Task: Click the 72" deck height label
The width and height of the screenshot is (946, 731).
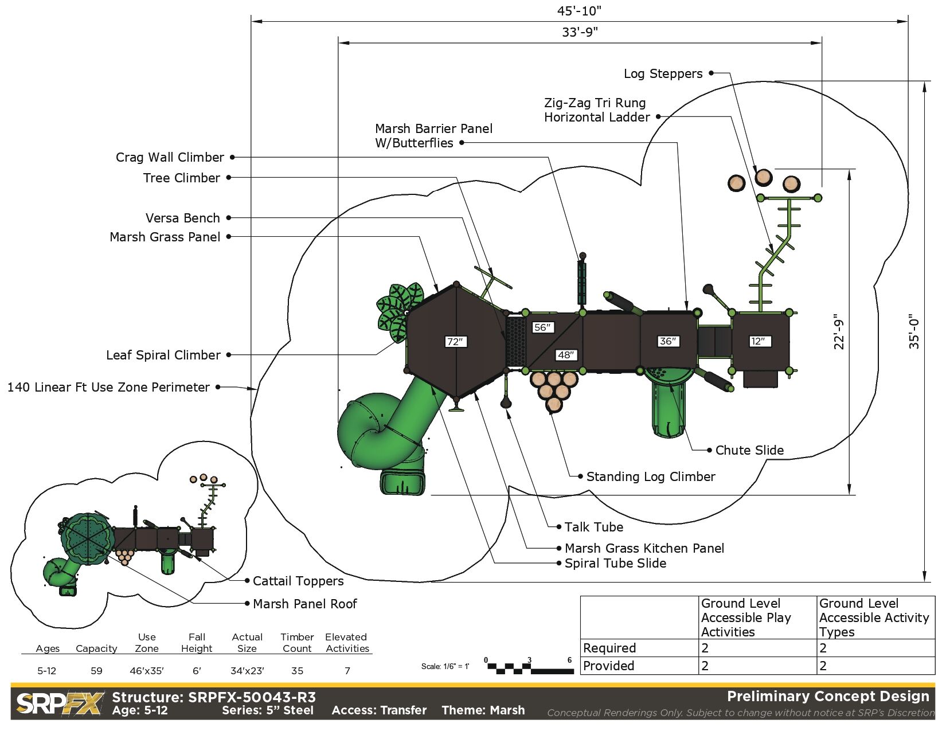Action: click(455, 342)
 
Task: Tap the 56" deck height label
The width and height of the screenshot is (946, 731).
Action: click(542, 327)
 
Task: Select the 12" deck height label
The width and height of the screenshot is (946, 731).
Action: click(758, 341)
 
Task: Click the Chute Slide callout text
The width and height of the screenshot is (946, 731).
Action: click(749, 450)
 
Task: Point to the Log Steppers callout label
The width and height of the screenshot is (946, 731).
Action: click(663, 73)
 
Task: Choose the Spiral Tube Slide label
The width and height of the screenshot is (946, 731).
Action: click(615, 563)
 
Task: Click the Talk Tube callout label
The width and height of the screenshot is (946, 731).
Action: click(593, 527)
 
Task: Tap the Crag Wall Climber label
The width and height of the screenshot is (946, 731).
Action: click(170, 157)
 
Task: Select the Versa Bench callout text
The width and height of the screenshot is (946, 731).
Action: click(182, 218)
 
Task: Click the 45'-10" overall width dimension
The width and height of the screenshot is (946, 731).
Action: click(579, 11)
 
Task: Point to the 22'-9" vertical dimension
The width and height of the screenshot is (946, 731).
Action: click(839, 331)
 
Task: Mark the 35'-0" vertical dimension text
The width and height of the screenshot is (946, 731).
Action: click(914, 331)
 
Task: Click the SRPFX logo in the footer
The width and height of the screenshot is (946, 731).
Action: click(60, 703)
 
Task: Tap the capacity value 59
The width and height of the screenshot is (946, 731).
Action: click(96, 671)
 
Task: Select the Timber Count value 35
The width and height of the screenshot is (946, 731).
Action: click(297, 671)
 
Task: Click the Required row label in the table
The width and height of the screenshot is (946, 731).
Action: click(609, 648)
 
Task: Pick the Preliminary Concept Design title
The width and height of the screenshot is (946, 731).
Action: click(828, 696)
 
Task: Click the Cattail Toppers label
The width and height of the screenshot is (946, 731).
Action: click(298, 581)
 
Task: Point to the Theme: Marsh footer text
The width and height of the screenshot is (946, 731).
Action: click(483, 710)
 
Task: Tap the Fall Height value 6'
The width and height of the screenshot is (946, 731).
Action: click(197, 671)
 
